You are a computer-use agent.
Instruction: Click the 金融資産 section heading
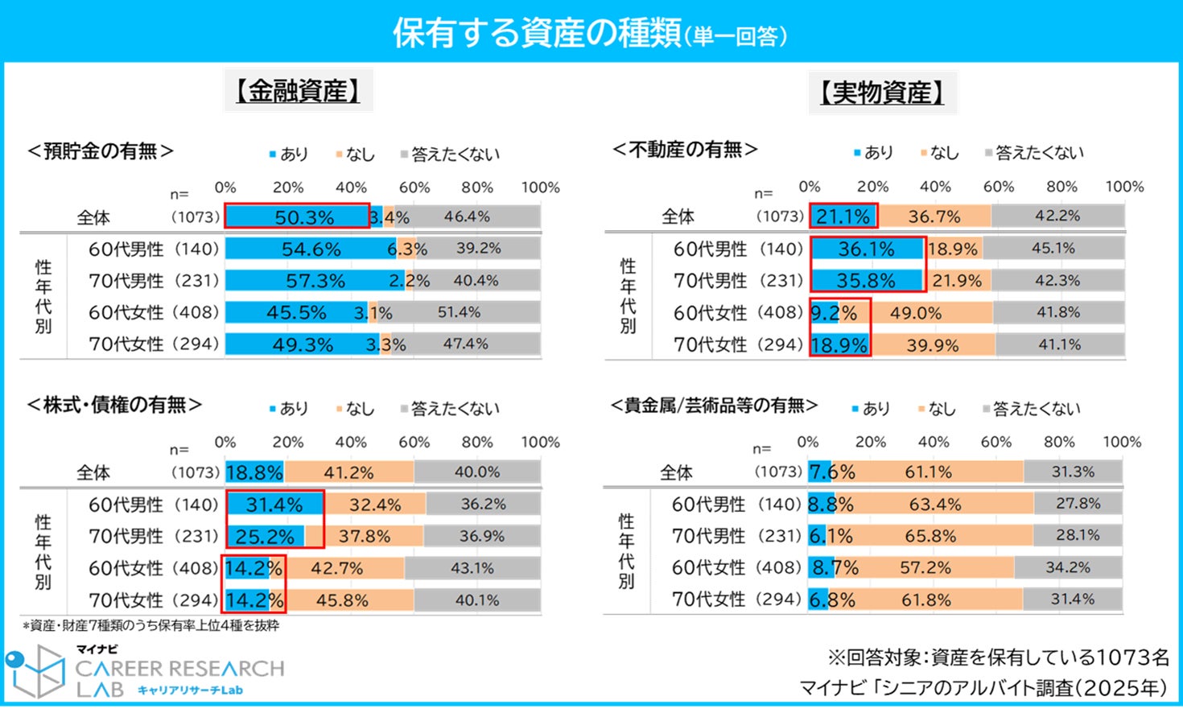pos(298,92)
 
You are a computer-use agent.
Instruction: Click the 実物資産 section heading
pos(882,93)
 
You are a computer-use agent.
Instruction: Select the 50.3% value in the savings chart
pos(304,217)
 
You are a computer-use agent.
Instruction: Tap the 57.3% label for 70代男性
pos(315,281)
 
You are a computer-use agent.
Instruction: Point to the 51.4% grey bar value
pos(459,312)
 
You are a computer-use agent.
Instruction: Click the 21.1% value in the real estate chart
pos(843,216)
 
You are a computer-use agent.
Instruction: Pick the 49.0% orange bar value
pos(916,313)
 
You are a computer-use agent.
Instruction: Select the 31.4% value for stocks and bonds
pos(274,505)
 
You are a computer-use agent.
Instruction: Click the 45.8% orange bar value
pos(342,600)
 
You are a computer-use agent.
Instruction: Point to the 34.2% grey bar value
pos(1068,567)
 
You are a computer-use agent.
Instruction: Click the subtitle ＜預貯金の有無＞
pos(101,151)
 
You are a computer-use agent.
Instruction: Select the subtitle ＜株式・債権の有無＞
pos(114,406)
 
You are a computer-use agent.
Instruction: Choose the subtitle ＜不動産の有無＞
pos(685,150)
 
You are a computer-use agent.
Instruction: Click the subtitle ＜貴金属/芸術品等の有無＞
pos(715,406)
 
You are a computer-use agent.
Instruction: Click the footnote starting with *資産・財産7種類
pos(150,625)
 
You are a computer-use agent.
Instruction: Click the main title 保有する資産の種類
pos(537,33)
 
